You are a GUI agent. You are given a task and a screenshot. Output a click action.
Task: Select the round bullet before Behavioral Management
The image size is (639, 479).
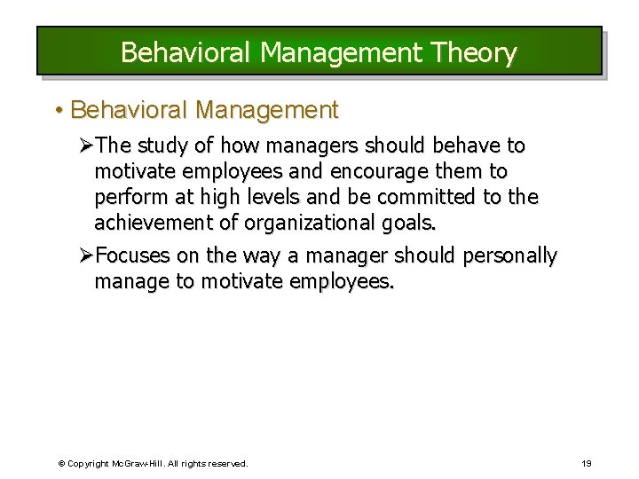click(58, 111)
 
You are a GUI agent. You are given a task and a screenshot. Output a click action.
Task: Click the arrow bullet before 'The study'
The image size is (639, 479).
click(86, 145)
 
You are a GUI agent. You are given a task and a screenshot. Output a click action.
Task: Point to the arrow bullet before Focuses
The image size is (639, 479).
click(86, 256)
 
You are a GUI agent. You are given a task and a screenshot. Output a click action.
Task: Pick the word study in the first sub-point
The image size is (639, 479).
click(166, 145)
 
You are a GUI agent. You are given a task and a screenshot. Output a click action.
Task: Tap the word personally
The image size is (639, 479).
click(509, 256)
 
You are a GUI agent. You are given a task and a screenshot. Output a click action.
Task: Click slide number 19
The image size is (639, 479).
click(587, 463)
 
